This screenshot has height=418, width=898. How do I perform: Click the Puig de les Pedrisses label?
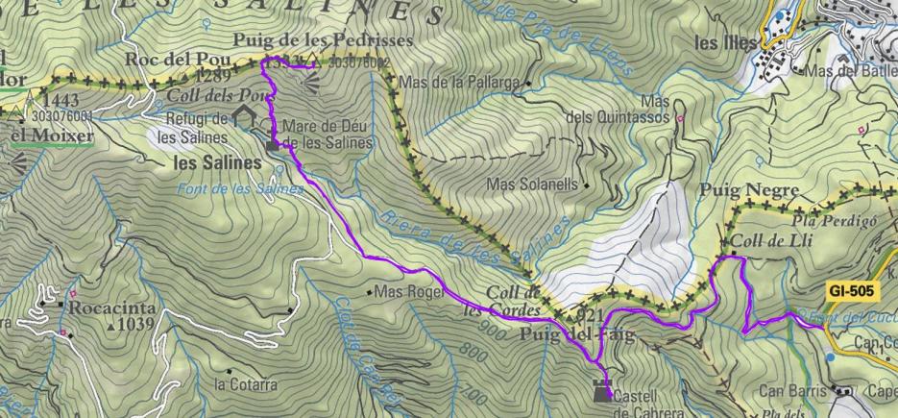323,41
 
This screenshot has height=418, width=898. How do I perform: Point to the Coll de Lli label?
770,240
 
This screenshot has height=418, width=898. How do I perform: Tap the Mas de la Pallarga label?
458,83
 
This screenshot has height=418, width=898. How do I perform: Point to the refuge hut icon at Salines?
243,116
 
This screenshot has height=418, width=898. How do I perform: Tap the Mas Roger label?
409,291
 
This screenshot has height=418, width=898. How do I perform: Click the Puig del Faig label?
566,334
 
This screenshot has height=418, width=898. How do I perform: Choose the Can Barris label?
792,391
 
